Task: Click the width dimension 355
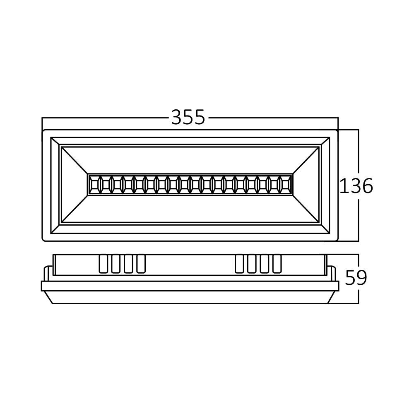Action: [x=188, y=118]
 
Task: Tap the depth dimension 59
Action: [x=356, y=278]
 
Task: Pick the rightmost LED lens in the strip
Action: [x=285, y=184]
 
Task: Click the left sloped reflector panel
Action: [x=75, y=185]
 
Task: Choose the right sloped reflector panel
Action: [x=306, y=185]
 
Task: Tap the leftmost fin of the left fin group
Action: [x=103, y=264]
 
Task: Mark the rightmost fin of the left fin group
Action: [x=141, y=264]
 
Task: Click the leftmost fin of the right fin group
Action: [x=239, y=264]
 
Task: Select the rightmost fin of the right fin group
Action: [x=277, y=264]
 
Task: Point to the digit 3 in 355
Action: [x=177, y=118]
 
